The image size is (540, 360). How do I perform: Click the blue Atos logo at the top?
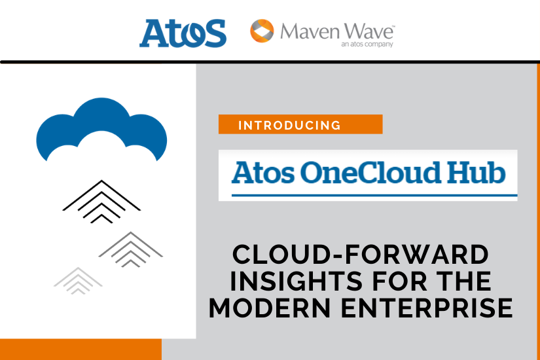coord(183,33)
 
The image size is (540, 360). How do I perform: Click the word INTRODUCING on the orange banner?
coord(289,125)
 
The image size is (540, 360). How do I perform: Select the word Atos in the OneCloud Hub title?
coord(259,173)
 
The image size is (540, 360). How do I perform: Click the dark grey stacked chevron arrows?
coord(131,249)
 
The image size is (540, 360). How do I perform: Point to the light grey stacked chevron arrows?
coord(78,280)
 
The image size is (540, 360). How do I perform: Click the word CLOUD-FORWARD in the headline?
coord(361,254)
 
